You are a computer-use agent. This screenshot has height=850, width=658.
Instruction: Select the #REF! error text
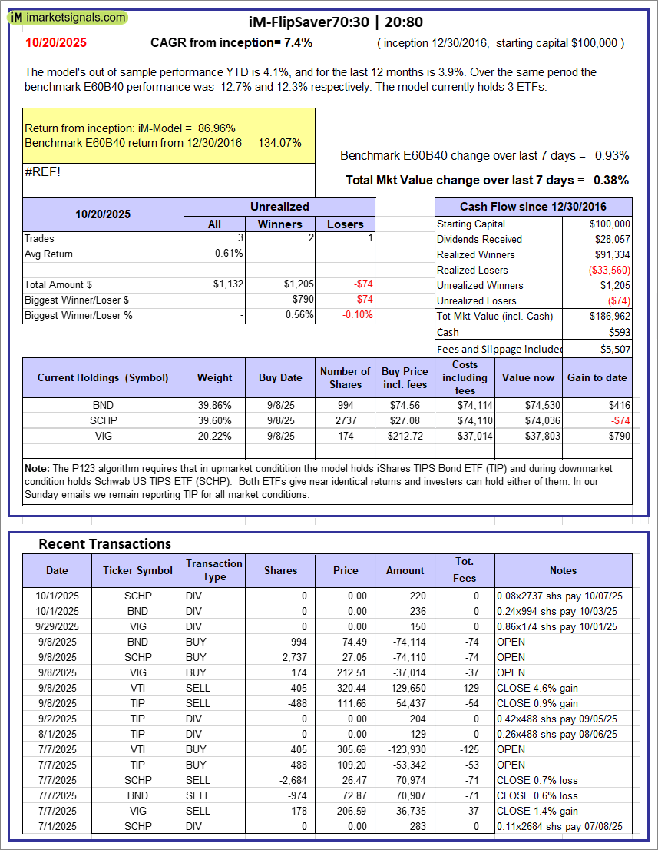click(42, 171)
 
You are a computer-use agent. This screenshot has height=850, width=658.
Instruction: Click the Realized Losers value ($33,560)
click(609, 270)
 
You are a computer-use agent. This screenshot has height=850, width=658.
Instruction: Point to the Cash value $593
click(618, 332)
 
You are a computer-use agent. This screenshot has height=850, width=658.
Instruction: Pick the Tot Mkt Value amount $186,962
click(610, 316)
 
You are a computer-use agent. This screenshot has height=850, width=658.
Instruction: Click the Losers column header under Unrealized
click(345, 224)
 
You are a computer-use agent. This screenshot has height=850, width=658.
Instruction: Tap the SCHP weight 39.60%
click(214, 420)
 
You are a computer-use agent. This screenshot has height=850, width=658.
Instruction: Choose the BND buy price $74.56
click(405, 405)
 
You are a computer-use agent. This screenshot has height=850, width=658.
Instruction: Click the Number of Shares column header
click(346, 377)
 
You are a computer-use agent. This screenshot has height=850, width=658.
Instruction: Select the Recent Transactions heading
click(104, 543)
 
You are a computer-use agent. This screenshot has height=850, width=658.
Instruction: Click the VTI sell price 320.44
click(346, 688)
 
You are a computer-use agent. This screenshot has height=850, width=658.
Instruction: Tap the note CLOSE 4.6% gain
click(537, 688)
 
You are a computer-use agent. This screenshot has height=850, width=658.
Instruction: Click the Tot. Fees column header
click(465, 569)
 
